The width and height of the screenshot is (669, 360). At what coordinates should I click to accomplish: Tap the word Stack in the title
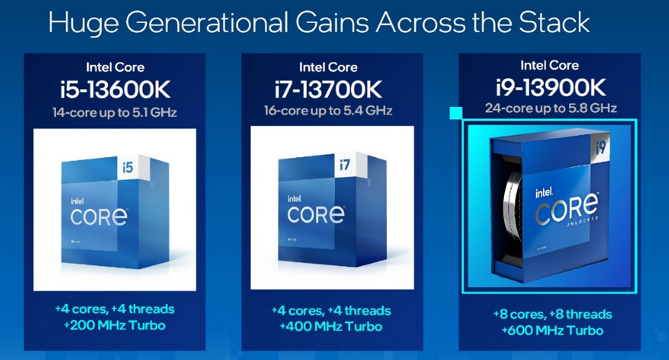[x=554, y=22]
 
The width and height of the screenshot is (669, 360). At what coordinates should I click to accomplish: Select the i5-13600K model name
[x=115, y=89]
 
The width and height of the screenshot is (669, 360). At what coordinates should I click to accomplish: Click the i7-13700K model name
[x=328, y=89]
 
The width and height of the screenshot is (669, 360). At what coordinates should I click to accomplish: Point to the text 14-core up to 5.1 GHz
[x=115, y=113]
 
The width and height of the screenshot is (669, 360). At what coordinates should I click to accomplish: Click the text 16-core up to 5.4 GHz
[x=328, y=111]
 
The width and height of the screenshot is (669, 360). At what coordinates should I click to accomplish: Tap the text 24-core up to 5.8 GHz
[x=551, y=108]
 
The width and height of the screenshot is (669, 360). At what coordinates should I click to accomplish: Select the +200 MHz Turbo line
[x=115, y=325]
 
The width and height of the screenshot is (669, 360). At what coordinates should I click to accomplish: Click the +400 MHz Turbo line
[x=331, y=327]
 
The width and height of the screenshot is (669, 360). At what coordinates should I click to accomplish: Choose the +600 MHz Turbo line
[x=552, y=330]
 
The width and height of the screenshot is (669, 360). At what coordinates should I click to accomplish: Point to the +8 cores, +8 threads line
[x=552, y=314]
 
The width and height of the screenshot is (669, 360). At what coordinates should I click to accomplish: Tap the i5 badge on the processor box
[x=128, y=168]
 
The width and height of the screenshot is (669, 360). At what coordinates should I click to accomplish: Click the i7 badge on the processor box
[x=345, y=164]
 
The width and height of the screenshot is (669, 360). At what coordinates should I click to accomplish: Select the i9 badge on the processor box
[x=600, y=148]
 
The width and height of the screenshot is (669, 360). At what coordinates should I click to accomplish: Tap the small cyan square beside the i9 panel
[x=456, y=113]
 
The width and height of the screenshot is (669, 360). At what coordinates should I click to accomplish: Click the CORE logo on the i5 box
[x=99, y=216]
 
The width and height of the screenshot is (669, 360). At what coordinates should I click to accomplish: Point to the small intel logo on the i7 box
[x=294, y=199]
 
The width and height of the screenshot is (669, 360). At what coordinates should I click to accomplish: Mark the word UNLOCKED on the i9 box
[x=583, y=221]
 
